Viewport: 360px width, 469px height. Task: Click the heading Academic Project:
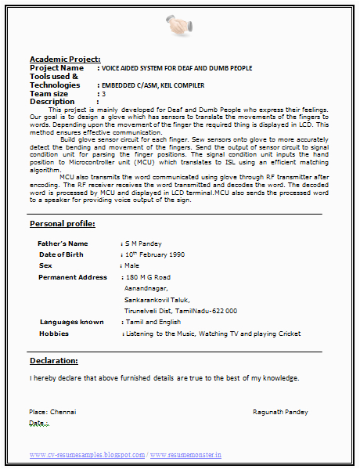pyautogui.click(x=65, y=60)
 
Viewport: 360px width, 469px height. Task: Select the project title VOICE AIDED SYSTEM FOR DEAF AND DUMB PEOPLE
pyautogui.click(x=177, y=68)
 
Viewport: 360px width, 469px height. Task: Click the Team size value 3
pyautogui.click(x=103, y=93)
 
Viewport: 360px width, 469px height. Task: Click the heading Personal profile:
pyautogui.click(x=63, y=224)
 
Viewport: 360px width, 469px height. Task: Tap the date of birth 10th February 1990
pyautogui.click(x=155, y=254)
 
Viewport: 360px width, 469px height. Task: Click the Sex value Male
pyautogui.click(x=131, y=265)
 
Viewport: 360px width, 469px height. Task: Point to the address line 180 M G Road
pyautogui.click(x=148, y=277)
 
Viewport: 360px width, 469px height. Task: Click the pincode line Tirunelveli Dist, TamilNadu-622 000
pyautogui.click(x=181, y=311)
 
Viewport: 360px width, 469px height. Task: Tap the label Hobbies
pyautogui.click(x=54, y=334)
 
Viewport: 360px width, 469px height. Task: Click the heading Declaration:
pyautogui.click(x=54, y=361)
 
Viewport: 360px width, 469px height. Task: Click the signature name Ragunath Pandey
pyautogui.click(x=280, y=411)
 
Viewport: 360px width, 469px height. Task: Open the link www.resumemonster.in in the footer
pyautogui.click(x=185, y=454)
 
